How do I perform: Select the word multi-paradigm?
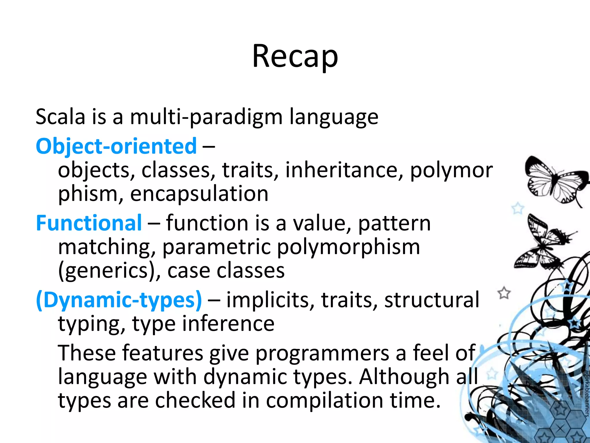click(206, 117)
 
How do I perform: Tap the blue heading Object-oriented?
click(116, 146)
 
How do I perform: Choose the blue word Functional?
click(89, 223)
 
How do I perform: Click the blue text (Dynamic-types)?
click(119, 300)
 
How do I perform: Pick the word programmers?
click(322, 353)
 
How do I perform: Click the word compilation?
click(324, 401)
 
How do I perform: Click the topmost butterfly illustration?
click(555, 182)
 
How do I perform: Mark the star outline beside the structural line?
click(504, 293)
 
